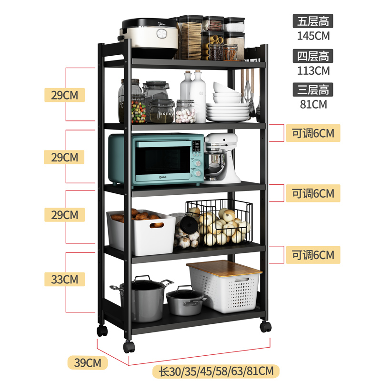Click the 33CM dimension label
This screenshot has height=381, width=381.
pos(64,279)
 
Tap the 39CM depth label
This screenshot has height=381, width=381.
pos(88,362)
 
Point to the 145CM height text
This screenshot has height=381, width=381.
pos(313,35)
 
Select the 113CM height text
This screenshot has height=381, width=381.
pos(313,70)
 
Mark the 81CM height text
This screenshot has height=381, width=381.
pos(313,104)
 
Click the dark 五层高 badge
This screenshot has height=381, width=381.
pos(313,21)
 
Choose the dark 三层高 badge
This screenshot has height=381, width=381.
pos(313,90)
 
